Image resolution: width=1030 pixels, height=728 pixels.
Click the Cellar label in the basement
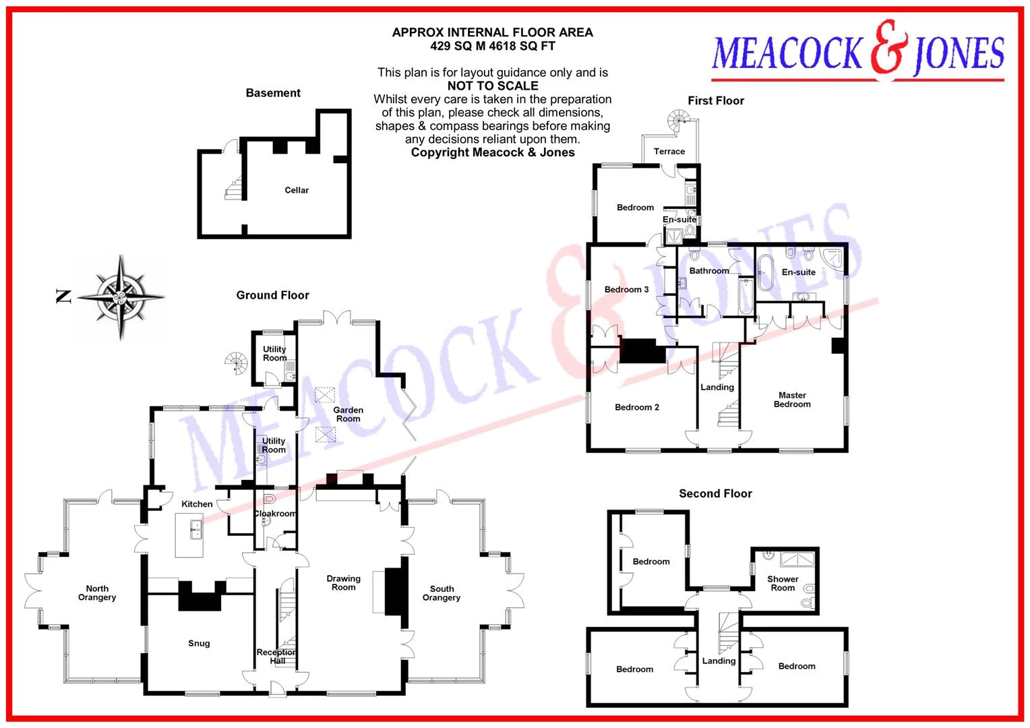297,190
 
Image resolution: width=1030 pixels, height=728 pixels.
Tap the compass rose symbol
121,297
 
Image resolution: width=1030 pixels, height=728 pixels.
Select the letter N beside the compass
63,296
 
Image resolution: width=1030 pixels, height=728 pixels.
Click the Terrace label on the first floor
669,151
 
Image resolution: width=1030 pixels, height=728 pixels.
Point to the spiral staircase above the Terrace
679,120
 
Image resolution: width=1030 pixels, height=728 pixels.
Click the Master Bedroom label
792,399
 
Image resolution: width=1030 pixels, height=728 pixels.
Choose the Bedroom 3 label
626,289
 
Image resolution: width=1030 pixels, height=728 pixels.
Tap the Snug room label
199,643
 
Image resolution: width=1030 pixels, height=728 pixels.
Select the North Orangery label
97,593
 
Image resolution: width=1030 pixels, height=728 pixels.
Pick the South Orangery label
442,593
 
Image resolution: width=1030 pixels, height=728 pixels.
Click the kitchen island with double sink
189,535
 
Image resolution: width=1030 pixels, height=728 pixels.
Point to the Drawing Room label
344,582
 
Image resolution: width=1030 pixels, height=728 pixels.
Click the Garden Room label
348,414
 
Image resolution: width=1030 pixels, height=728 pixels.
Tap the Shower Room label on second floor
783,583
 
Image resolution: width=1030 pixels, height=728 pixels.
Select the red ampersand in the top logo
889,47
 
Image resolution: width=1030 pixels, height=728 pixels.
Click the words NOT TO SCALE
493,86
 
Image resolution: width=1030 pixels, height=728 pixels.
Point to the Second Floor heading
715,493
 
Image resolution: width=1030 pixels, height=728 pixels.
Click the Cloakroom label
275,513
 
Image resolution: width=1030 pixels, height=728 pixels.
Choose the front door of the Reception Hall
277,688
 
